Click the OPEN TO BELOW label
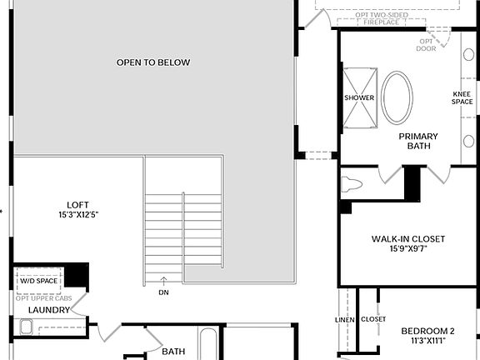[153, 62]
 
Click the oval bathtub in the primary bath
[396, 98]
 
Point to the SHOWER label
[359, 97]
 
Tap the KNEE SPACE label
[462, 97]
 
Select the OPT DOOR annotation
[427, 44]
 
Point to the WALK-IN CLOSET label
[408, 239]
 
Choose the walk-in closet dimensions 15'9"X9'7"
[408, 249]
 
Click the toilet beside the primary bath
[352, 184]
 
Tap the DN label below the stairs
[162, 292]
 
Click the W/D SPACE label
[39, 282]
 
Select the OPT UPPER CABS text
[43, 298]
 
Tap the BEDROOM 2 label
[427, 329]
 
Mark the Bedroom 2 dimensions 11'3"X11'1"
[427, 340]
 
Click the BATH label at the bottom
[173, 352]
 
